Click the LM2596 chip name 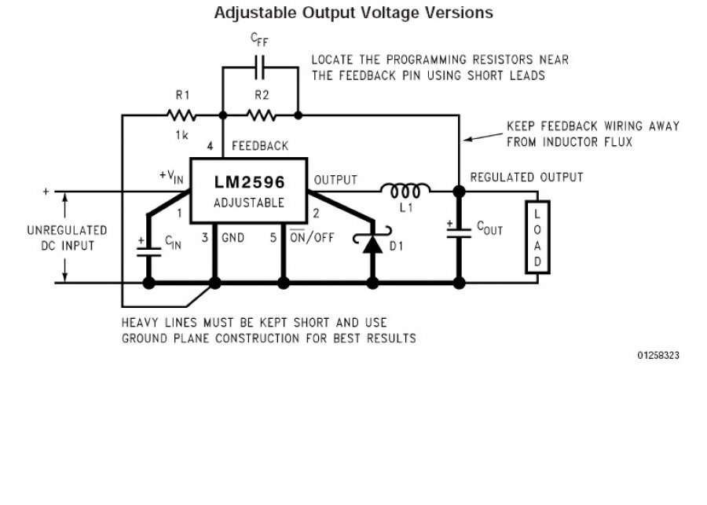click(x=250, y=181)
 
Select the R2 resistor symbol click(x=260, y=115)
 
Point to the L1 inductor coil click(x=405, y=189)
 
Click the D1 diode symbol click(x=372, y=243)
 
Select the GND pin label click(x=233, y=236)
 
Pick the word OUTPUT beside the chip click(x=335, y=180)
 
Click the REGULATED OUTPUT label click(x=526, y=177)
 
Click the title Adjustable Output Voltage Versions click(x=353, y=13)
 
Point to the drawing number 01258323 click(x=658, y=356)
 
